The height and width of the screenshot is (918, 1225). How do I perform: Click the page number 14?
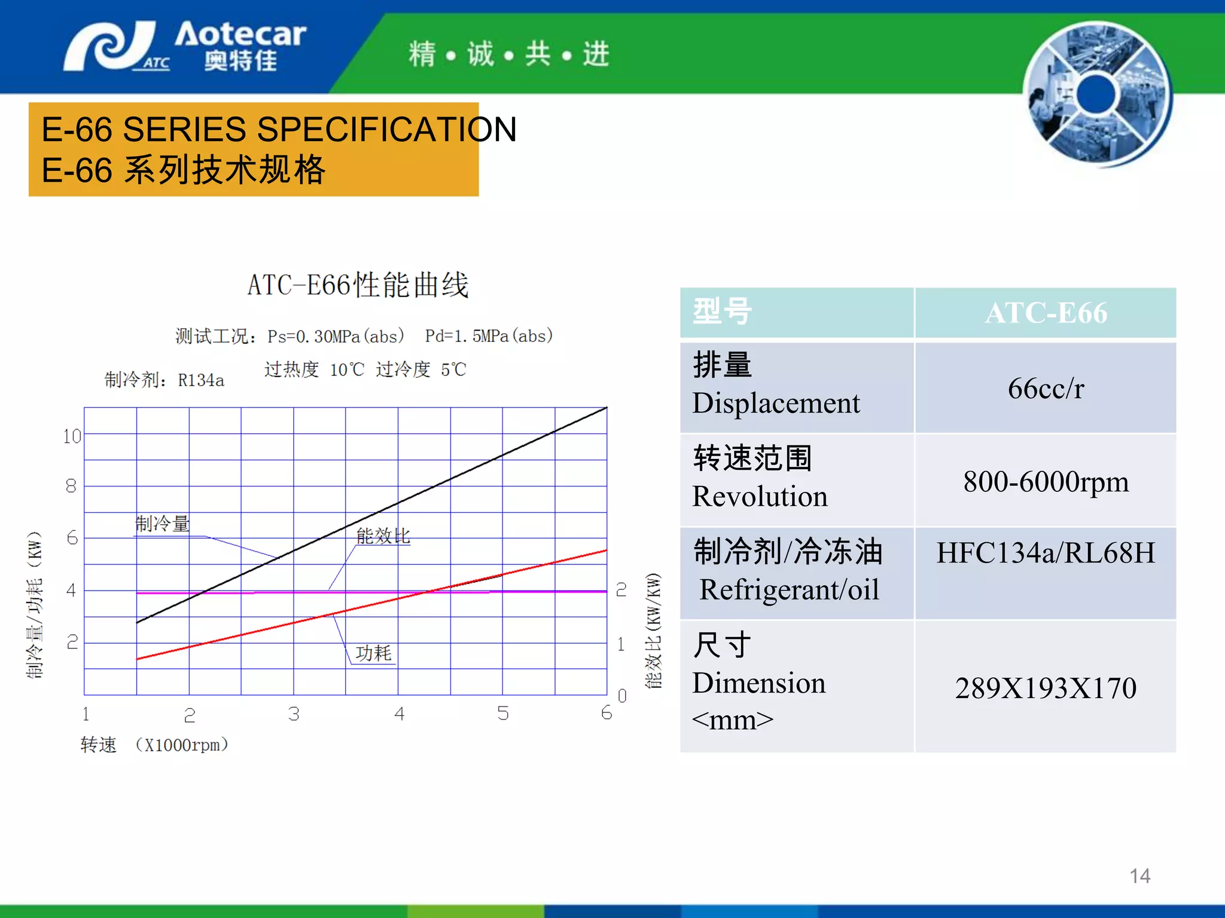click(1139, 876)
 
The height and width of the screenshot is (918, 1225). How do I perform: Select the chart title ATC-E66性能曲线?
click(358, 285)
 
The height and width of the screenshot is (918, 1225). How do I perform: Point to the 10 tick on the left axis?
click(72, 436)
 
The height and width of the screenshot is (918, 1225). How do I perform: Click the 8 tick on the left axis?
click(71, 486)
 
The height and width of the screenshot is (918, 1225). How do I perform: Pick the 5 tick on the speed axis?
click(503, 713)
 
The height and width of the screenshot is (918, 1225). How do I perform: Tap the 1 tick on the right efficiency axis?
click(621, 644)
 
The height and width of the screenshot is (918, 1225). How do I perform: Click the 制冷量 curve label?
click(163, 524)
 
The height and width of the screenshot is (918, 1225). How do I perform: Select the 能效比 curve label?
click(383, 536)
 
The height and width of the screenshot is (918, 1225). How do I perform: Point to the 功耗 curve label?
click(373, 653)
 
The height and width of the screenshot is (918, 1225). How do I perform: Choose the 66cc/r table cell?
click(1046, 388)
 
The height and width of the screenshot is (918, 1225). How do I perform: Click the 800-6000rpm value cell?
click(1046, 482)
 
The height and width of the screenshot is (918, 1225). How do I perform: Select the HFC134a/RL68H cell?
click(1046, 553)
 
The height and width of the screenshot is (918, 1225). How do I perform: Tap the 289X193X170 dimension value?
click(1046, 688)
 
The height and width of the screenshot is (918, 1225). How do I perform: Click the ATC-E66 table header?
click(1046, 313)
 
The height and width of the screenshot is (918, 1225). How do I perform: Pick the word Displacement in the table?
click(776, 403)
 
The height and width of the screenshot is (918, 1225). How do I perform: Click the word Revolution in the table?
click(760, 497)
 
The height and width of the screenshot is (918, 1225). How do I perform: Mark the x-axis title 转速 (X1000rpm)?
click(154, 745)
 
